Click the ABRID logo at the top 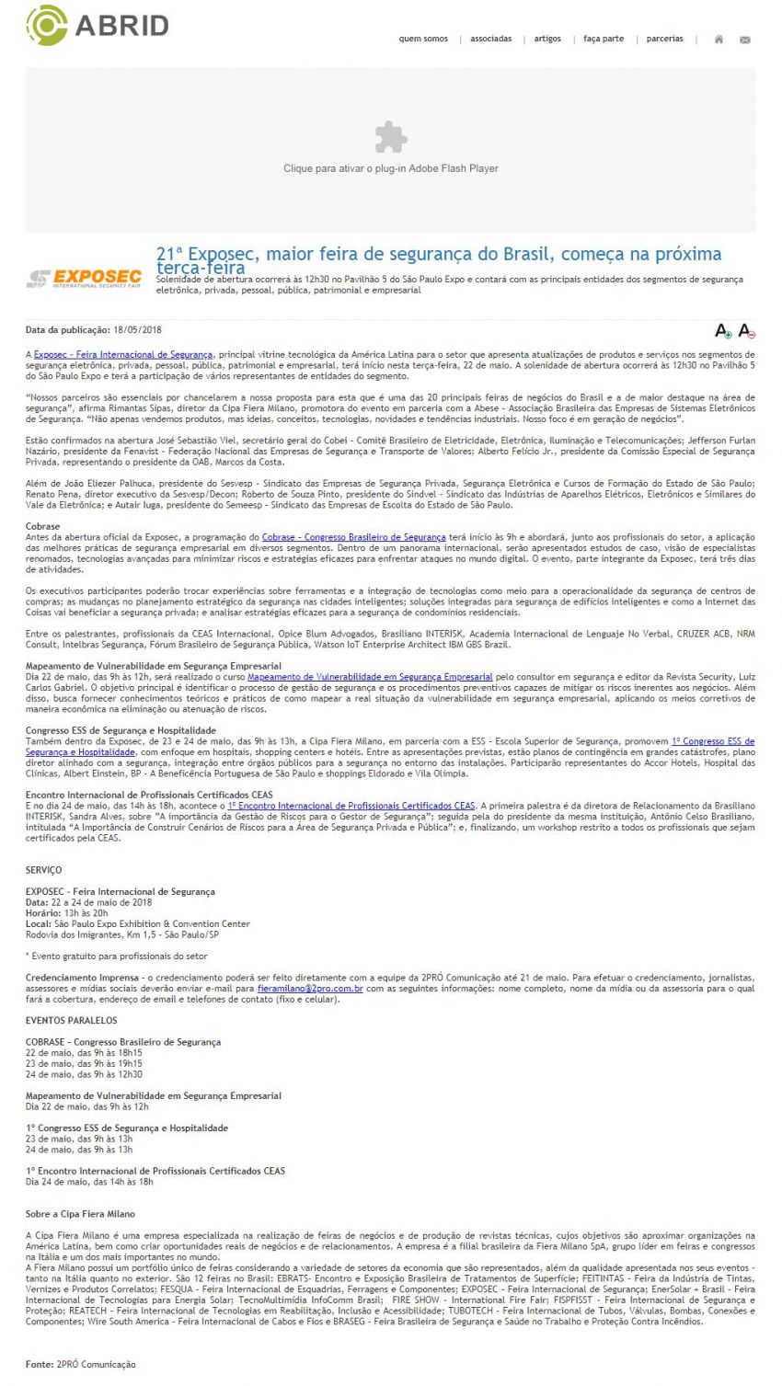point(97,25)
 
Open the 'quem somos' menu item point(423,39)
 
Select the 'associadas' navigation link point(490,39)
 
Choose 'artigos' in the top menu point(547,39)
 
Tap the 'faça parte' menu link point(604,39)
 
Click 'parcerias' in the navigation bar point(664,39)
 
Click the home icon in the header point(719,40)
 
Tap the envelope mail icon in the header point(745,40)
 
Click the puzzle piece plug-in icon point(391,137)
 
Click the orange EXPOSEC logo point(85,278)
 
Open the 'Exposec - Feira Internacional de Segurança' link point(123,354)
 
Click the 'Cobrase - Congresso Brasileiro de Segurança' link point(353,537)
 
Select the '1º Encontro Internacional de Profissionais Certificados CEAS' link point(351,806)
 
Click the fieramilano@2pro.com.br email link point(310,989)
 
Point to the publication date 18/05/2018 point(138,329)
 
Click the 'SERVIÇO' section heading point(44,870)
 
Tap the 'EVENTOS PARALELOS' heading point(72,1021)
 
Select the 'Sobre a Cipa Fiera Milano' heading point(80,1214)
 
